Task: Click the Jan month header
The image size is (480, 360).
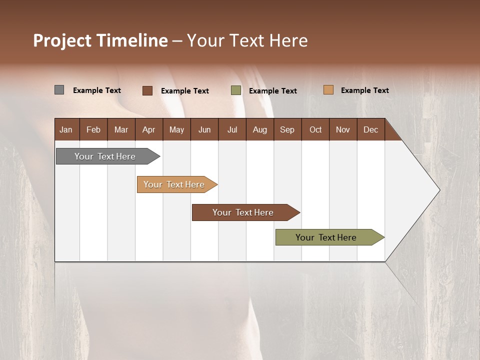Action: tap(66, 129)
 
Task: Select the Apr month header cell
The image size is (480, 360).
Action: tap(148, 129)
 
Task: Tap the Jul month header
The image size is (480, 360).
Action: tap(232, 129)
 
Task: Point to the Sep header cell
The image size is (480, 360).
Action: tap(287, 129)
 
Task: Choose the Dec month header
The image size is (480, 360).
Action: tap(370, 129)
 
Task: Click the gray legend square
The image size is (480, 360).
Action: tap(59, 90)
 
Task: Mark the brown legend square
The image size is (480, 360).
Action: tap(147, 90)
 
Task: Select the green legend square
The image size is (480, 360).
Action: tap(236, 90)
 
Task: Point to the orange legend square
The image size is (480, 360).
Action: tap(328, 90)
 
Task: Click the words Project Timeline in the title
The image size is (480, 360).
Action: tap(100, 40)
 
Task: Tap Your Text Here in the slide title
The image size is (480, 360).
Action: tap(247, 40)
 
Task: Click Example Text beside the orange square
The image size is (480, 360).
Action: tap(364, 90)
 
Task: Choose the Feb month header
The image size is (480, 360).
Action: tap(93, 129)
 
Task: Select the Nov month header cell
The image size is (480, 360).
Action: tap(342, 129)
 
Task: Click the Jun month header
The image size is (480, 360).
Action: tap(204, 129)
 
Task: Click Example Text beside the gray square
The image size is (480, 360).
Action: tap(96, 90)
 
